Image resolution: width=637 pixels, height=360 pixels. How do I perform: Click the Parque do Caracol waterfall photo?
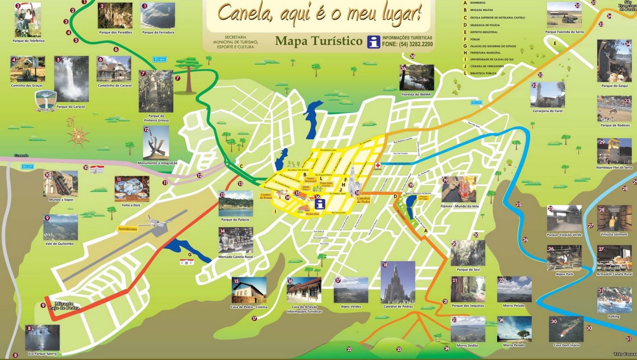click(72, 79)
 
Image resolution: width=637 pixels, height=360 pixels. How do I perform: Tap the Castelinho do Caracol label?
click(115, 86)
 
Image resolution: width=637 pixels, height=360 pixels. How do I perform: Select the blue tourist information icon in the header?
click(373, 41)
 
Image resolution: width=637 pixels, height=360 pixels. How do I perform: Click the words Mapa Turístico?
click(318, 41)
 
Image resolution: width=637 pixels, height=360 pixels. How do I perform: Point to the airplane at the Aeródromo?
click(153, 221)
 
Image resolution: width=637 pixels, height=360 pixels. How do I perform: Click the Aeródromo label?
click(127, 229)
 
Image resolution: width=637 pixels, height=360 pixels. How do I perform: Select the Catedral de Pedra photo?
click(398, 283)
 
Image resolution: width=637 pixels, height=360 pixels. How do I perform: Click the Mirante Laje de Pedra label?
click(64, 306)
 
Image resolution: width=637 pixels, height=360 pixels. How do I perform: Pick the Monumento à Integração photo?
click(156, 143)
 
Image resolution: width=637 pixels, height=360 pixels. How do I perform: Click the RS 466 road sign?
click(159, 59)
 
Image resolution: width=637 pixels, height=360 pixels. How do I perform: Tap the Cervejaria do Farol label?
click(547, 111)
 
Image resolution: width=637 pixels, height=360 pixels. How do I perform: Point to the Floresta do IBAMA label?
click(416, 95)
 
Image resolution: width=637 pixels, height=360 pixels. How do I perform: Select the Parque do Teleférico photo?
click(28, 20)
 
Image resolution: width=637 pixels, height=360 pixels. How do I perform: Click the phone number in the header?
click(407, 44)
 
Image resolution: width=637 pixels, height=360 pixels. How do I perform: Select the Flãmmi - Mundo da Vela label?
click(459, 206)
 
